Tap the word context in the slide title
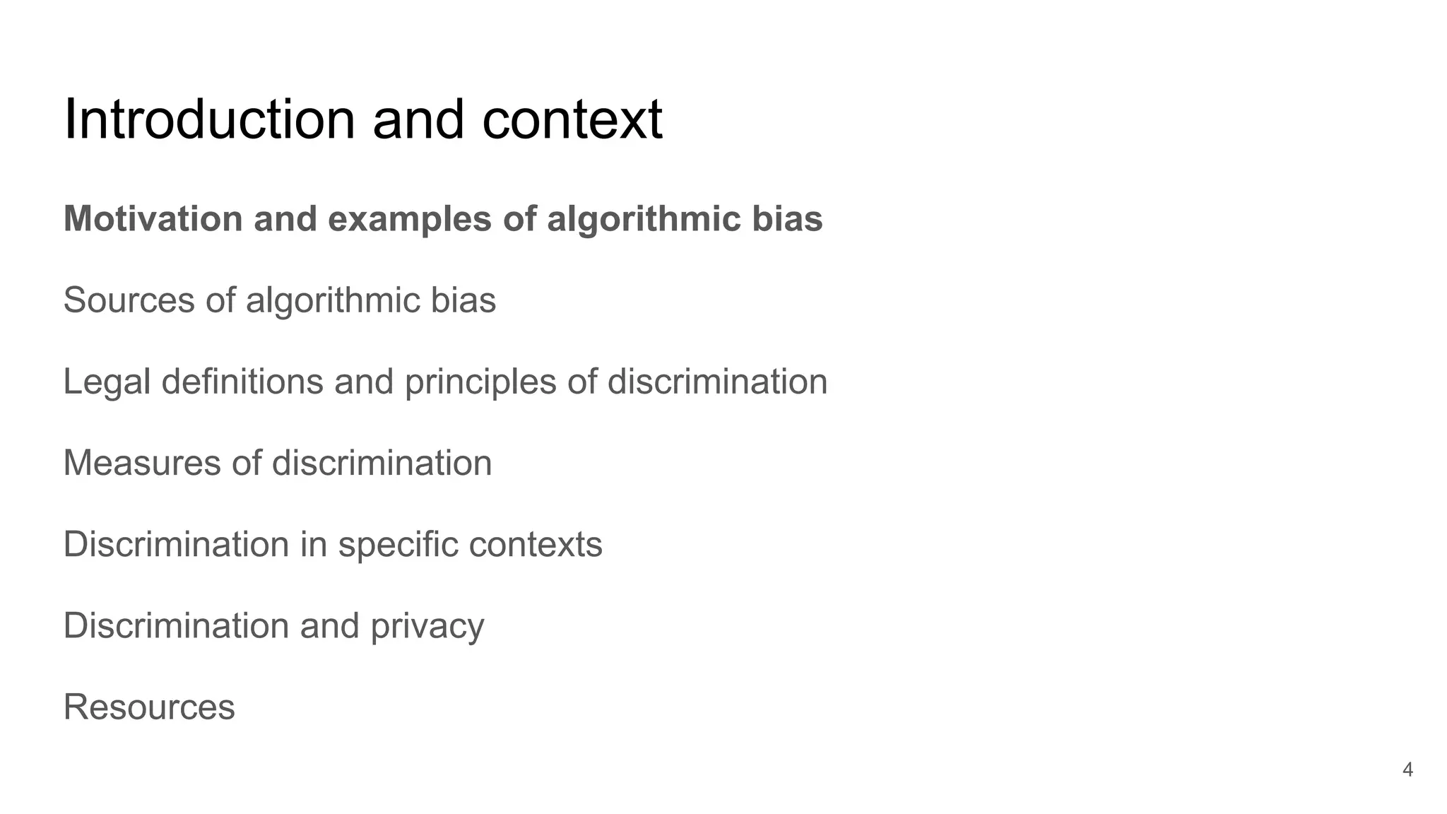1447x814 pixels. (x=572, y=119)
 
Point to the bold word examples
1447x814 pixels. (x=409, y=220)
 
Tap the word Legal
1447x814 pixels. (x=106, y=382)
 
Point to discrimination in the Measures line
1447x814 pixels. (x=382, y=464)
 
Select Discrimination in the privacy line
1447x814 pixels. (x=176, y=626)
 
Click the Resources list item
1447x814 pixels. (x=149, y=707)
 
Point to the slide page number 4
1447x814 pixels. (x=1407, y=769)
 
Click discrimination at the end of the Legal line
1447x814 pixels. (x=717, y=382)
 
